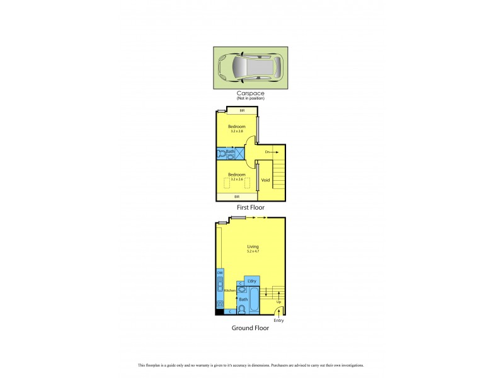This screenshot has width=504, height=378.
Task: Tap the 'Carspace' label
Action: (250, 93)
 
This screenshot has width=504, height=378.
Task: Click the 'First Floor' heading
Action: (250, 207)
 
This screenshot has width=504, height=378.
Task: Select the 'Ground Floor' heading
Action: (250, 328)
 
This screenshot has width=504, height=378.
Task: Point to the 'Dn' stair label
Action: (267, 152)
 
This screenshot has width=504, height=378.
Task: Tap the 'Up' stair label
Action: (278, 302)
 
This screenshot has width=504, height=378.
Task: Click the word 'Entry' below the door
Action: (278, 320)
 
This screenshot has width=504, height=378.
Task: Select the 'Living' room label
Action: (253, 246)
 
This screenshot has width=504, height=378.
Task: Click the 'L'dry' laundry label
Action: (251, 280)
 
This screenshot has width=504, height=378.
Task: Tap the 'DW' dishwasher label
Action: (220, 273)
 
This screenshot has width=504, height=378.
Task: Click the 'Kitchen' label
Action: (229, 290)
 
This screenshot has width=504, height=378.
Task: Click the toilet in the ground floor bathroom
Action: (241, 309)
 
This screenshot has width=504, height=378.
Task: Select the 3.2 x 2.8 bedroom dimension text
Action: (236, 131)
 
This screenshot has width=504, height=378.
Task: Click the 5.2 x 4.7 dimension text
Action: (253, 251)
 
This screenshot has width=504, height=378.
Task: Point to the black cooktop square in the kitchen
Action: (219, 305)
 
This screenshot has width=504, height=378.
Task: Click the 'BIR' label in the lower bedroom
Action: (237, 197)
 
